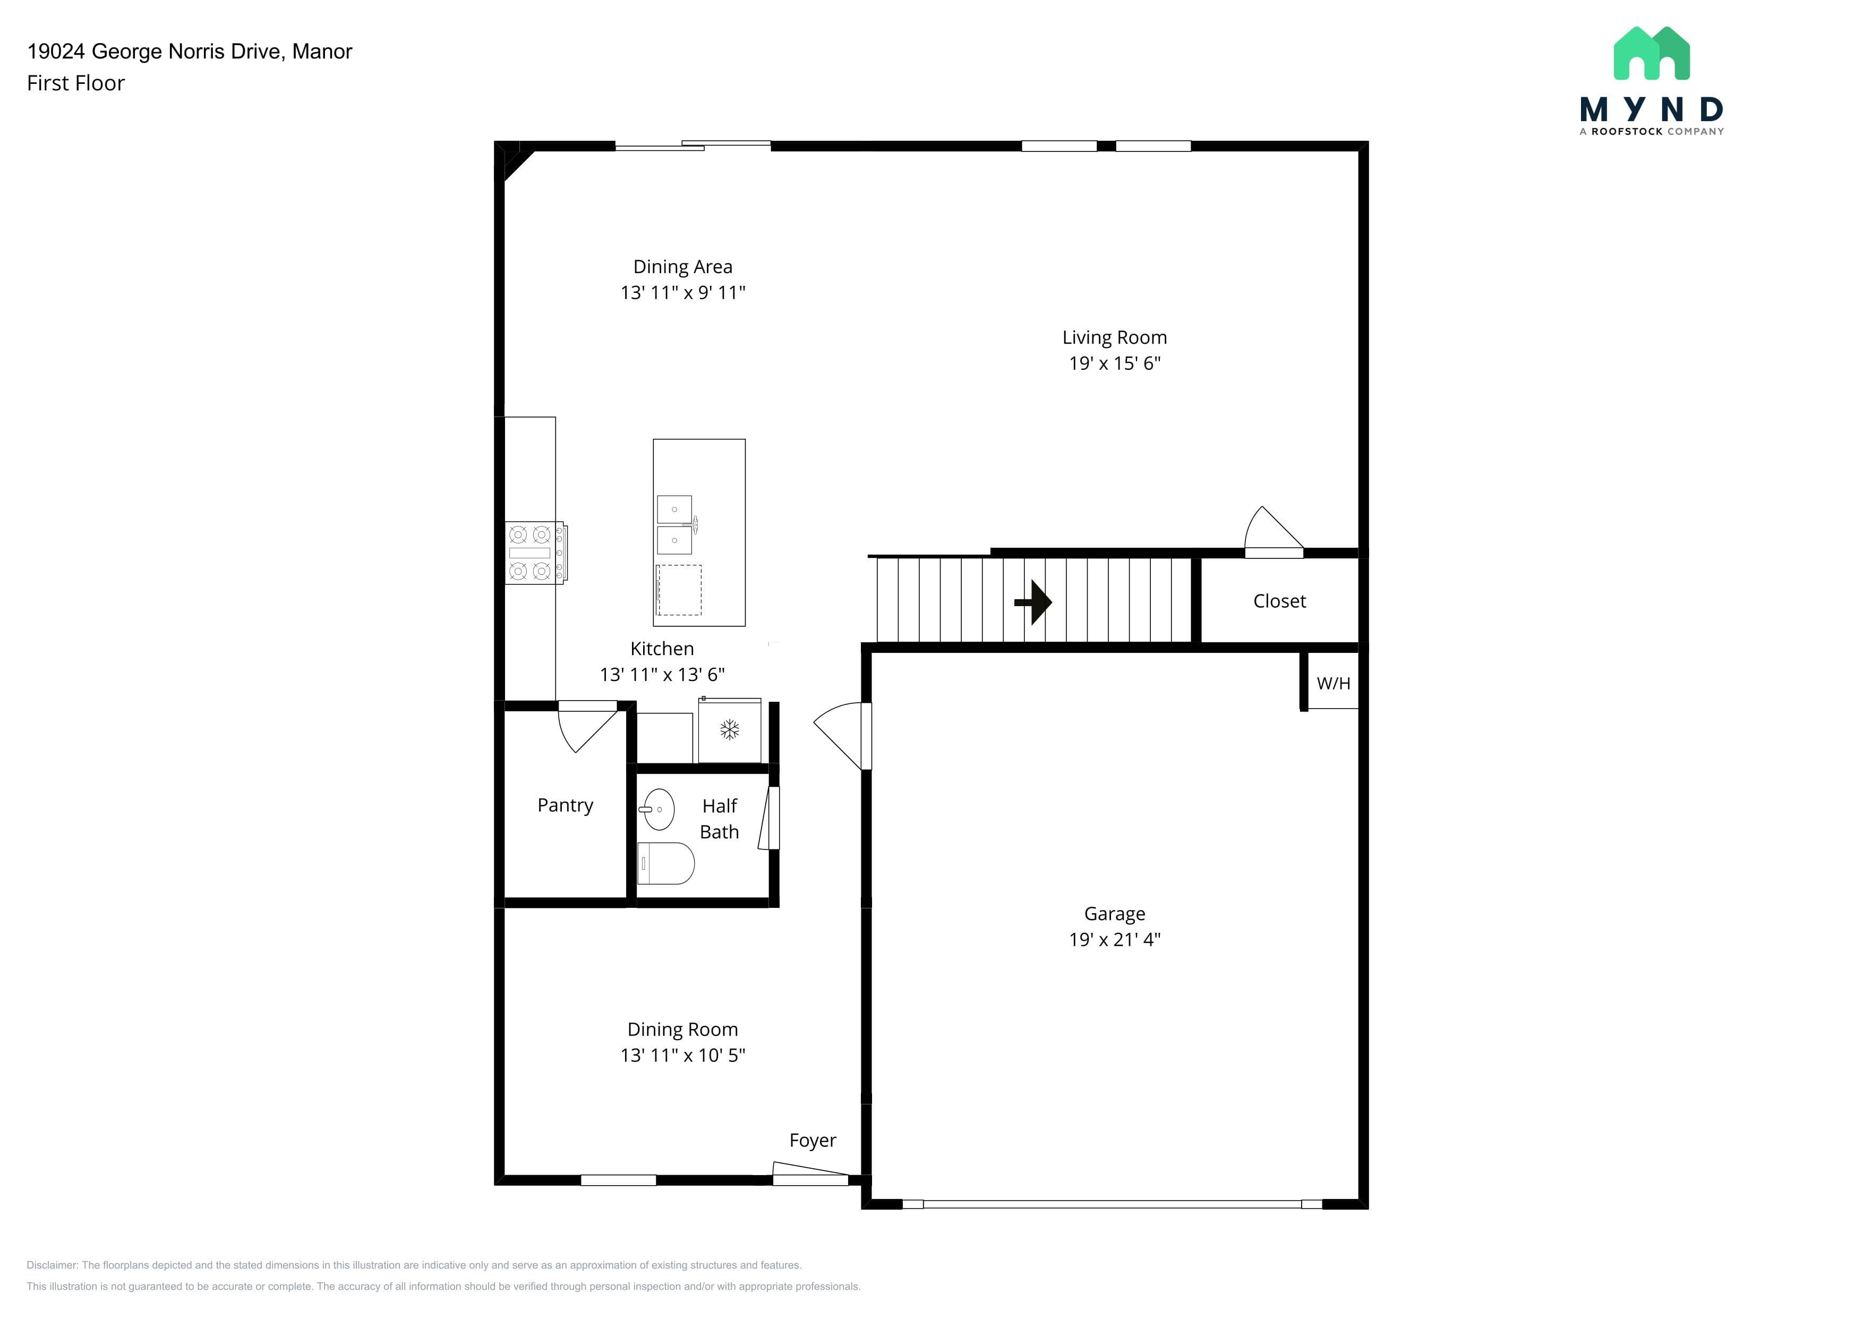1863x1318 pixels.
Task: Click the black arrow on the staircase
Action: pos(1034,602)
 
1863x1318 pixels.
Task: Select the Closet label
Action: pos(1279,601)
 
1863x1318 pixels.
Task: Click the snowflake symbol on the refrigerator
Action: pos(730,729)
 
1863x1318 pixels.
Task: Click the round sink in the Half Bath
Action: pos(657,809)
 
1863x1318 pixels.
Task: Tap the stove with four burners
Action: pos(535,552)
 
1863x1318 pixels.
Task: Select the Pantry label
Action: pos(566,805)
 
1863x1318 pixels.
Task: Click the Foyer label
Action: pos(812,1140)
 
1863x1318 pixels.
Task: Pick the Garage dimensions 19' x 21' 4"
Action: pos(1115,940)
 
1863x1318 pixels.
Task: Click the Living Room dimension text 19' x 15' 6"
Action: pos(1115,363)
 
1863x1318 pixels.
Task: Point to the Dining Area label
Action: pos(682,267)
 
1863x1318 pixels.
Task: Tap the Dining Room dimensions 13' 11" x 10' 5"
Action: pos(682,1055)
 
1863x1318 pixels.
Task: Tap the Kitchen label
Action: pos(662,649)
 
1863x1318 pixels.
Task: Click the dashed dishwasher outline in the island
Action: pos(679,590)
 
